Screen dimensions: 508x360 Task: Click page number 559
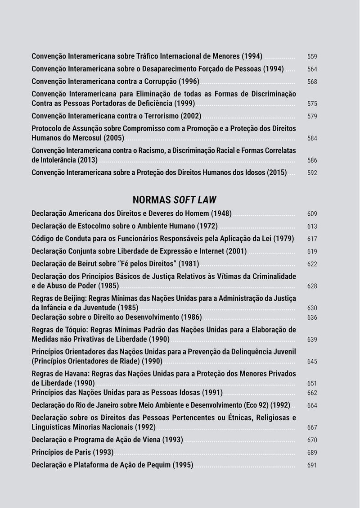(x=312, y=57)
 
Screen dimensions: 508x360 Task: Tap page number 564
(x=312, y=69)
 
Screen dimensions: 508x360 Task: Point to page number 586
(x=312, y=160)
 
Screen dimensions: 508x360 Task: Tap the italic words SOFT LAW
(x=198, y=200)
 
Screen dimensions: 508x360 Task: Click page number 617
(x=312, y=239)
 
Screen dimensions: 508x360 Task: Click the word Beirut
(x=93, y=263)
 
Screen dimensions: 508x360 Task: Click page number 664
(x=312, y=406)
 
